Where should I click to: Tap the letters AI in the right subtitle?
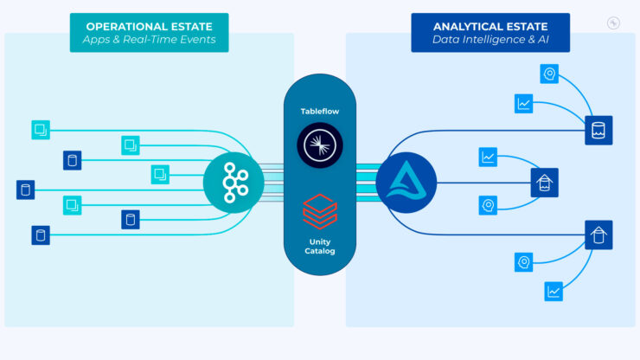coord(541,40)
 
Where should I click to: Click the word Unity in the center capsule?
coord(319,241)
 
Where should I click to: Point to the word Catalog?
coord(319,251)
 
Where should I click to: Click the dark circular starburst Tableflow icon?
coord(319,145)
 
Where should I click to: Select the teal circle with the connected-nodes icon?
coord(234,182)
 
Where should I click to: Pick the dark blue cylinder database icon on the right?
coord(598,131)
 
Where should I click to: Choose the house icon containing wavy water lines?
coord(544,183)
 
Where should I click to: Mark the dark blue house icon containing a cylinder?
coord(598,235)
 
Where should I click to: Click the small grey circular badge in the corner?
coord(613,23)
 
